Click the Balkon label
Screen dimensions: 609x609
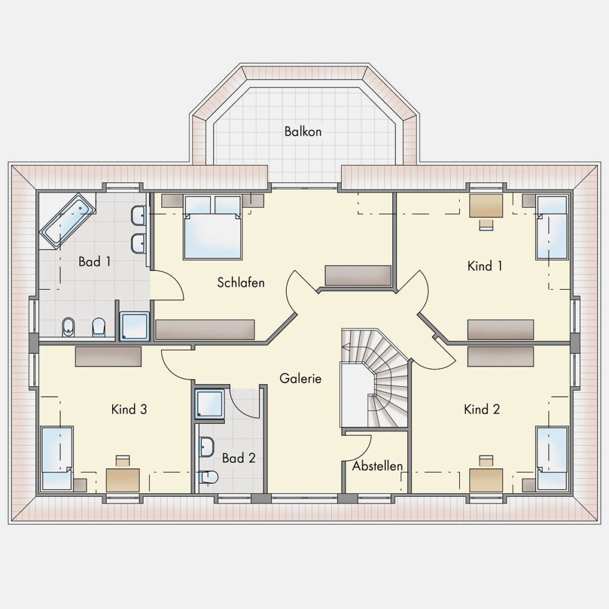coord(303,132)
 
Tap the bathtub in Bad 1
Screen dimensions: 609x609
coord(68,220)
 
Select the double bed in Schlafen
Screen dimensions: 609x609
coord(213,227)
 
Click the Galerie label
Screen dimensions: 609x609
coord(300,378)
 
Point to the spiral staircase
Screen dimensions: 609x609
coord(375,379)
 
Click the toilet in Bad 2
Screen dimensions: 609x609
coord(208,477)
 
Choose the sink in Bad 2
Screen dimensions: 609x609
coord(206,447)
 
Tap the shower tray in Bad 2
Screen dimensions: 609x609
coord(209,404)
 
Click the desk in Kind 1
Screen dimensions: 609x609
coord(486,205)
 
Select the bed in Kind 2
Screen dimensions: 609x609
coord(552,459)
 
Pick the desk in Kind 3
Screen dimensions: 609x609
coord(123,480)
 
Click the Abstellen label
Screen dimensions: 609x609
coord(377,466)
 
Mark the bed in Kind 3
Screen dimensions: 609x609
coord(57,459)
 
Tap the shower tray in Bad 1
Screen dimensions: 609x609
coord(135,326)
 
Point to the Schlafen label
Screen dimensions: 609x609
coord(241,283)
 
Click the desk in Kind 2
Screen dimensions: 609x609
coord(486,481)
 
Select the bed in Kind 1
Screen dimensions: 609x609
coord(552,228)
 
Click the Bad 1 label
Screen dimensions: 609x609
coord(94,261)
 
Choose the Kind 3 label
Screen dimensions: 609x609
coord(129,409)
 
